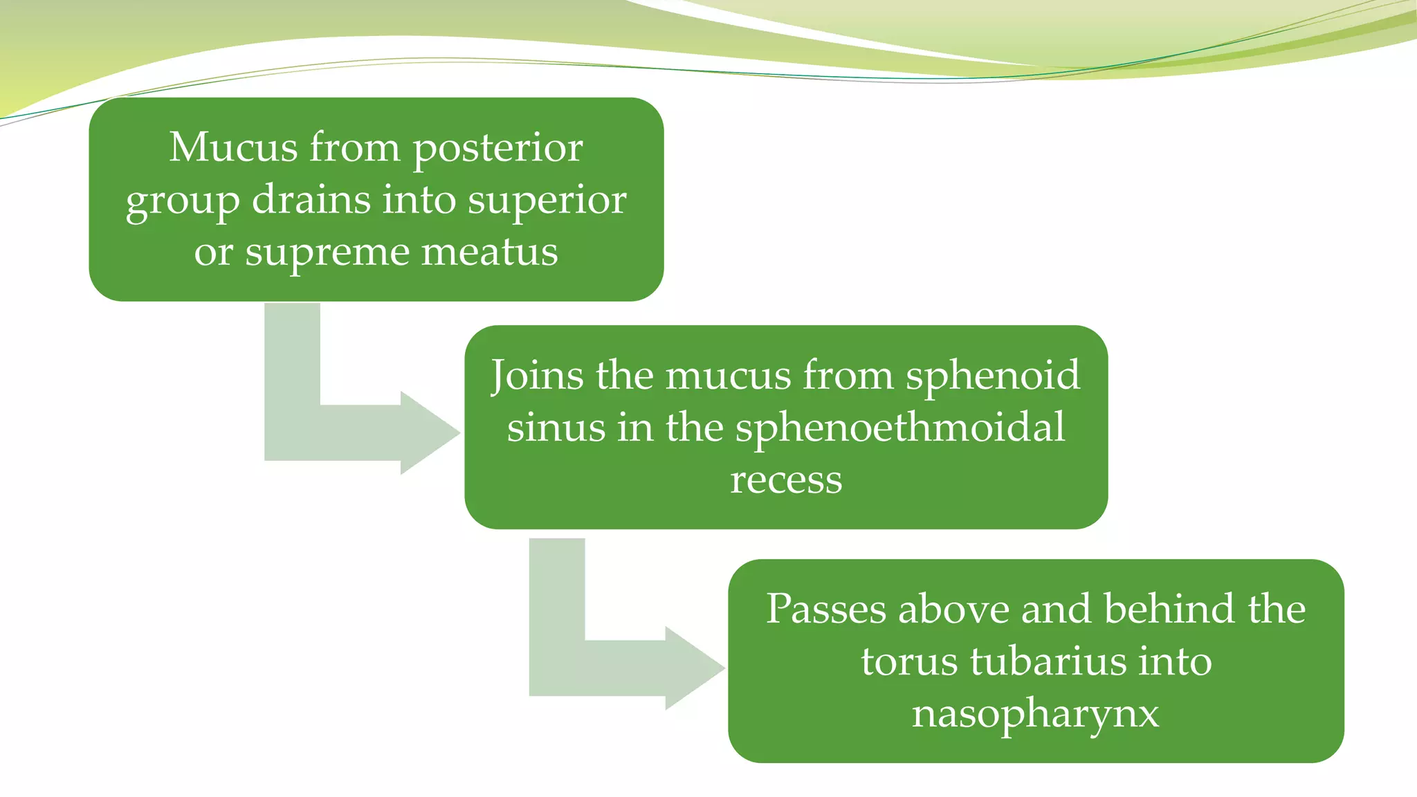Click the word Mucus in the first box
click(x=235, y=148)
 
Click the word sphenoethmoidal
click(x=899, y=428)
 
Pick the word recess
click(x=786, y=479)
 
